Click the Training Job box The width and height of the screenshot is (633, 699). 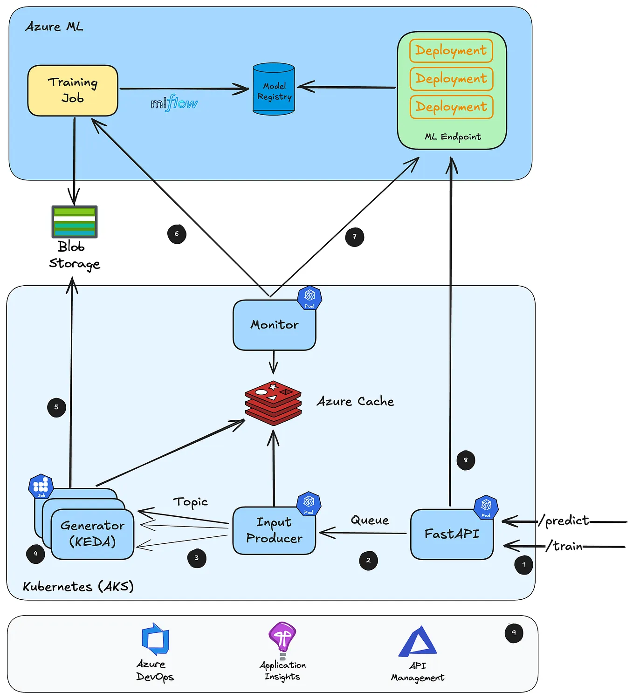(73, 90)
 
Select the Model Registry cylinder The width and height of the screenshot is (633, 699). (274, 89)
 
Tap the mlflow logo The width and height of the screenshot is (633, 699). (174, 103)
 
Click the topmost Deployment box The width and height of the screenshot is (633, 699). (451, 50)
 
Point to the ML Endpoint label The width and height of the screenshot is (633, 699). (453, 137)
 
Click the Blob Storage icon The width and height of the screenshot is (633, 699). (75, 221)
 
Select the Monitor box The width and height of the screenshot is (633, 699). (274, 325)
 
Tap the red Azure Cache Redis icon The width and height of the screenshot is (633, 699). (273, 403)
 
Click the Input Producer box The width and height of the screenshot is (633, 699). (274, 531)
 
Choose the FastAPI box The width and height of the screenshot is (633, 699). (452, 534)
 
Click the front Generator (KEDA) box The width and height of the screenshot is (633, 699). (92, 534)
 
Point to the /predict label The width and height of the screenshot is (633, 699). (564, 521)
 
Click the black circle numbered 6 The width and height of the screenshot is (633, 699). (177, 234)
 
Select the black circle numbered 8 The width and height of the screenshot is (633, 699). (466, 460)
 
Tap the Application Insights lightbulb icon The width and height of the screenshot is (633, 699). (282, 637)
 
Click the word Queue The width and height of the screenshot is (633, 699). (370, 520)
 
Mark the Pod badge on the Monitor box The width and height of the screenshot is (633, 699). (310, 298)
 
